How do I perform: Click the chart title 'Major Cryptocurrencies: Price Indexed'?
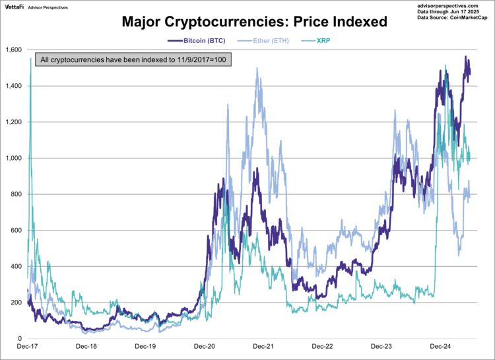[x=254, y=21]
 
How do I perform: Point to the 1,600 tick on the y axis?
[x=13, y=50]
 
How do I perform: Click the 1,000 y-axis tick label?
[x=13, y=159]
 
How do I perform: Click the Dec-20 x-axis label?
[x=204, y=346]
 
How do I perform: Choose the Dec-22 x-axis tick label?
[x=321, y=346]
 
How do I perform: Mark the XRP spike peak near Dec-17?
[x=30, y=59]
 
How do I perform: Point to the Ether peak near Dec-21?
[x=256, y=68]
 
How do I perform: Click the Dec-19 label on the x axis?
[x=145, y=346]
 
